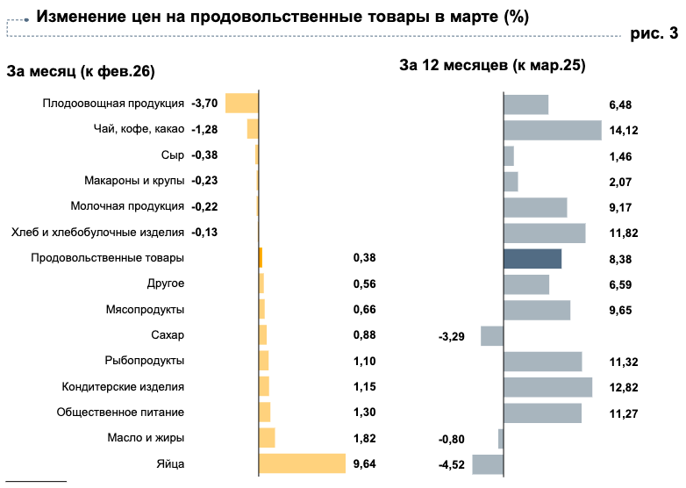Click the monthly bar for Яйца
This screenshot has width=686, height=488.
coord(302,464)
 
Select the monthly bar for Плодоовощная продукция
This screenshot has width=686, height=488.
coord(242,103)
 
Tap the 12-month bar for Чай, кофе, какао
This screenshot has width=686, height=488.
coord(553,130)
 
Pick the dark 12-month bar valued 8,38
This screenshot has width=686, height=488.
coord(532,259)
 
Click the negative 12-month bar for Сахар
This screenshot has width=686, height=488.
coord(492,335)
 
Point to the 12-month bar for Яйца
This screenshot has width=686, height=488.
coord(488,464)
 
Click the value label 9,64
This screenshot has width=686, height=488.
coord(364,464)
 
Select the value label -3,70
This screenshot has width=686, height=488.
coord(204,104)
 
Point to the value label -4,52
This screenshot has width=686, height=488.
coord(451,465)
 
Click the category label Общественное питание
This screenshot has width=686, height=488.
coord(120,413)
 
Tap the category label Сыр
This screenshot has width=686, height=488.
coord(173,155)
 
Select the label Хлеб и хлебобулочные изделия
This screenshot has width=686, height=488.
coord(97,233)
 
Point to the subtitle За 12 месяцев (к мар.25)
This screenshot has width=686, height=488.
coord(492,65)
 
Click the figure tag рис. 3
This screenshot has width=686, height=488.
coord(654,35)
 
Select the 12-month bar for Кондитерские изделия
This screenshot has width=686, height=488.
coord(547,387)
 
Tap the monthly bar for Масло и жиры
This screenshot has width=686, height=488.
coord(267,438)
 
